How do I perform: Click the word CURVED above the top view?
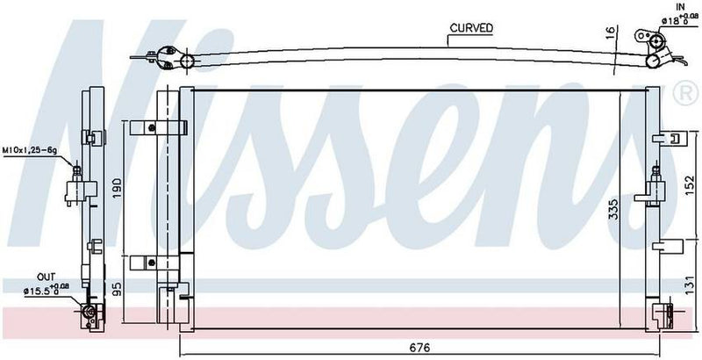pos(471,28)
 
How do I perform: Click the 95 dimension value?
pos(117,287)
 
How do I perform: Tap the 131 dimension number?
pos(690,283)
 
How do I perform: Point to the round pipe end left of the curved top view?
pos(186,61)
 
